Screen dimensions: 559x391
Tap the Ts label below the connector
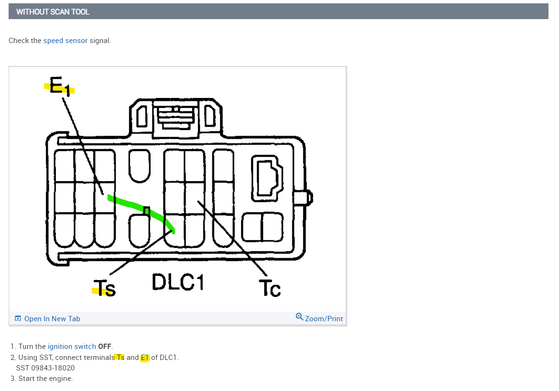(105, 288)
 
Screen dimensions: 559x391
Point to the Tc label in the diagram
(270, 288)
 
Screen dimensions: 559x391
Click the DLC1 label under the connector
(178, 282)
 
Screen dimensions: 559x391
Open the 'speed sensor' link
(65, 41)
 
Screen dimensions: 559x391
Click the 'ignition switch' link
(72, 347)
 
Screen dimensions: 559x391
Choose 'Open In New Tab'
(52, 319)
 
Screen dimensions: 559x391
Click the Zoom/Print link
(324, 319)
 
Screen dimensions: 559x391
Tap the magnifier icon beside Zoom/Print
(299, 316)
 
